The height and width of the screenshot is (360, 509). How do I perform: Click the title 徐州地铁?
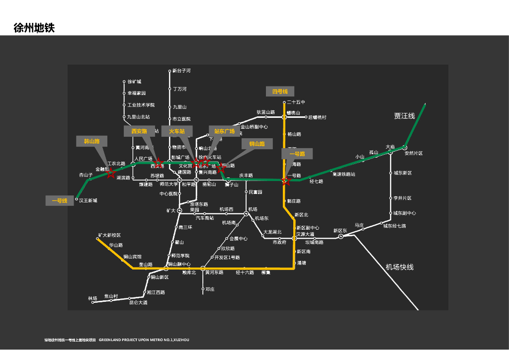coord(34,28)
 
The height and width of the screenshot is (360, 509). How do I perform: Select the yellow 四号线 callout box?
coord(280,91)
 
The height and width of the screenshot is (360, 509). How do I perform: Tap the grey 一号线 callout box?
coord(60,201)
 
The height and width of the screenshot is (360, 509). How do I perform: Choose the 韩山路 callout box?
coord(91,141)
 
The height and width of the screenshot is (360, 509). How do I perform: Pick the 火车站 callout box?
coord(176,131)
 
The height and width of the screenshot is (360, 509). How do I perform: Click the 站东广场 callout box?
coord(224,131)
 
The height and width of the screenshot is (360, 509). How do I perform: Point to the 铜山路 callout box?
coord(257,144)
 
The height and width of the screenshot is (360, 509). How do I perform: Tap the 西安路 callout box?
coord(139,131)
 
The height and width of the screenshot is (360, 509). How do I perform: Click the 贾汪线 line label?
coord(404,116)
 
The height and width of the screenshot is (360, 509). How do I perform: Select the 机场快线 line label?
coord(399,267)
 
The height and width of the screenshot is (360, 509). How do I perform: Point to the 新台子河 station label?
coord(182,71)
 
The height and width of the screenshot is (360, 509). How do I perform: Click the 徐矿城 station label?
coord(134,82)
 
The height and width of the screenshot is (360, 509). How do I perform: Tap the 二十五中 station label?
coord(296,102)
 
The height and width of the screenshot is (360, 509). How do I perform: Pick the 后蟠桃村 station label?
coord(317,117)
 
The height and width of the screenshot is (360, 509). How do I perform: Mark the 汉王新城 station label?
coord(88,200)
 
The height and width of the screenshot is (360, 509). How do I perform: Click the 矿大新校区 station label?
coord(109,235)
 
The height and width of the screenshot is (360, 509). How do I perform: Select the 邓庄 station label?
coord(210,289)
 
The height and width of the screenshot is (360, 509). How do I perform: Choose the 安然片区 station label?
coord(414,154)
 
